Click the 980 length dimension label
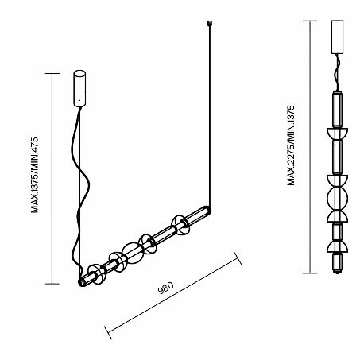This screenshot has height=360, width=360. (x=166, y=288)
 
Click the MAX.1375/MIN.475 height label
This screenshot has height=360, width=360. (x=35, y=175)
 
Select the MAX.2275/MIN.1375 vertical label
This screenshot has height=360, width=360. (x=291, y=145)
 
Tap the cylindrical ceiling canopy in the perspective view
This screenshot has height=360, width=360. (x=79, y=88)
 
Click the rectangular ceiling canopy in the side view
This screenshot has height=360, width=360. (x=337, y=37)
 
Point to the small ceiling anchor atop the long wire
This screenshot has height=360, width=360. (x=210, y=23)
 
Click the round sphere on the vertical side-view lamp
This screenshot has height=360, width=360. (x=337, y=199)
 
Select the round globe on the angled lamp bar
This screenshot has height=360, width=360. (x=133, y=253)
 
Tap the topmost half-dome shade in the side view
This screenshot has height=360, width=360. (x=337, y=134)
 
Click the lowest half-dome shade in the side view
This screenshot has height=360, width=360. (x=337, y=246)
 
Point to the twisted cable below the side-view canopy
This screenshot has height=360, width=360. (x=337, y=73)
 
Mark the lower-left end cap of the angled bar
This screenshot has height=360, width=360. (x=82, y=282)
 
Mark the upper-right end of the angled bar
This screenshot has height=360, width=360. (x=207, y=211)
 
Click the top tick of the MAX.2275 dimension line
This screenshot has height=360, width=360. (x=310, y=21)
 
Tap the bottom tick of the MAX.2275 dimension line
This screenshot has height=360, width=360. (x=310, y=273)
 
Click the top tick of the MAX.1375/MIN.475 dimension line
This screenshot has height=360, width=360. (x=52, y=73)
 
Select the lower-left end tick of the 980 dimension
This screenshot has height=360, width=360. (x=108, y=332)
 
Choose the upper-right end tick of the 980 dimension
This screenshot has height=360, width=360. (x=238, y=257)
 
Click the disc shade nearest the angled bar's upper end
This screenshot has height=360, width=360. (x=180, y=225)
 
